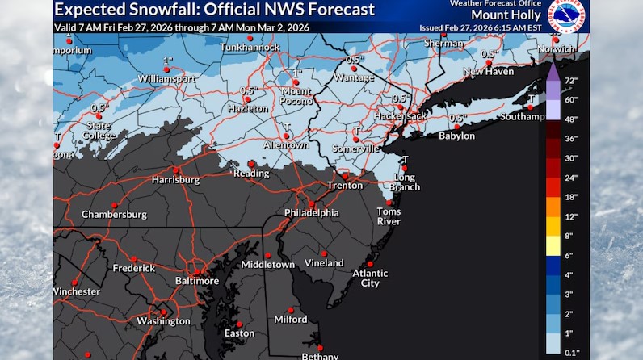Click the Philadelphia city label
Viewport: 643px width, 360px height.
[311, 213]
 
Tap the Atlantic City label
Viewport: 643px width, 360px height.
[369, 278]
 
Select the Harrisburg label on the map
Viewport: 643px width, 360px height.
[175, 179]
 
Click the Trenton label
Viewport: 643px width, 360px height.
[344, 186]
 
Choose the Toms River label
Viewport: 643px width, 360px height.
[389, 216]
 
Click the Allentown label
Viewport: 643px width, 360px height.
[287, 146]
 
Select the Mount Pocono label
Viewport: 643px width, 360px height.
[296, 96]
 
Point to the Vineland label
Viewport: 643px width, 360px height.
[324, 263]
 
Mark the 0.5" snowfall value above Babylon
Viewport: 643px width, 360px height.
[458, 119]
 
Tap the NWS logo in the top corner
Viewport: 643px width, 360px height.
[568, 16]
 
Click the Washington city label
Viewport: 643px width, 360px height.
[163, 320]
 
